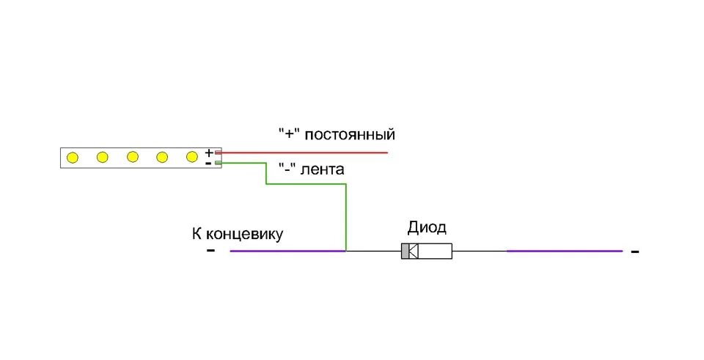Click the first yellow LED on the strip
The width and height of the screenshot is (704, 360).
(x=73, y=157)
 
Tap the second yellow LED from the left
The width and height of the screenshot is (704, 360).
(x=103, y=157)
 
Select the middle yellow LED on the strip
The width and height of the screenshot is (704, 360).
(x=133, y=157)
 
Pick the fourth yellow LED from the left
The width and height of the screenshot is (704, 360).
(x=162, y=157)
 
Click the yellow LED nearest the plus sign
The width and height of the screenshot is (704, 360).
(x=192, y=157)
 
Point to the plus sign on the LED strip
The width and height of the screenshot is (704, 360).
(x=209, y=153)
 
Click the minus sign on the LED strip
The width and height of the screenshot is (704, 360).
(x=209, y=164)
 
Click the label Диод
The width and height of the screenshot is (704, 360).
(x=427, y=227)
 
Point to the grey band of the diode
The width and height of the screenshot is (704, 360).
(x=405, y=251)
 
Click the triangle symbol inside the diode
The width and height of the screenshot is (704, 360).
(x=413, y=251)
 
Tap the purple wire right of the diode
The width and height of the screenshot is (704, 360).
(x=565, y=251)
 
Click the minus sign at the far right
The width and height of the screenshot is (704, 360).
(x=635, y=251)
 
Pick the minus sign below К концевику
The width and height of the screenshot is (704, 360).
(x=211, y=251)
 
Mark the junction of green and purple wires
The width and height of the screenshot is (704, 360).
(x=345, y=251)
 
